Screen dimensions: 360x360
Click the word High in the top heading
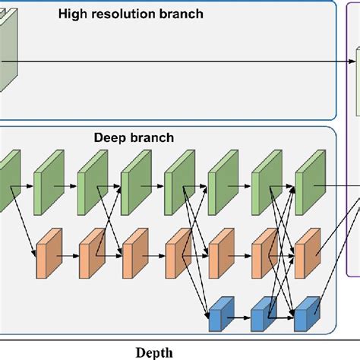[73, 14]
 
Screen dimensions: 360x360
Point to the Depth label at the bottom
[154, 352]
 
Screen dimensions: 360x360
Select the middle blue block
[264, 312]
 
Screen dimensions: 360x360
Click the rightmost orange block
[308, 248]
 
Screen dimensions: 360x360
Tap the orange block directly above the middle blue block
[264, 248]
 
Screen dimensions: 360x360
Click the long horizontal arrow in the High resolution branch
[182, 63]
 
